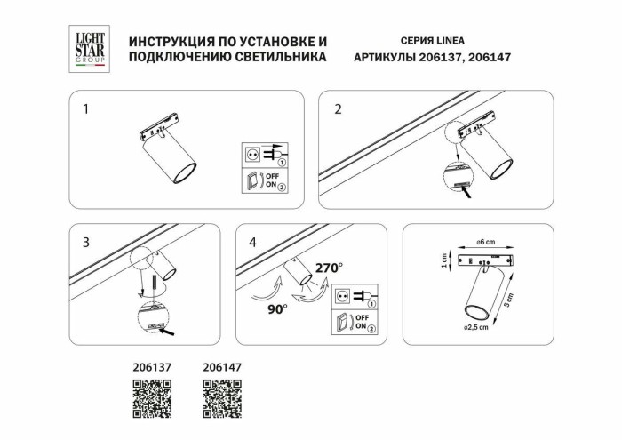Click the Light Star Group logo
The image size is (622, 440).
[x=89, y=47]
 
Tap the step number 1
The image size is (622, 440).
[x=86, y=110]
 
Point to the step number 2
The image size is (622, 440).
[x=338, y=110]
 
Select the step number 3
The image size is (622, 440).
[x=86, y=242]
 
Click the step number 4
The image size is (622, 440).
[x=253, y=242]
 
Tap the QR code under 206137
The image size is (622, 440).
[x=151, y=398]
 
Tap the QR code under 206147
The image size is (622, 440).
[x=222, y=398]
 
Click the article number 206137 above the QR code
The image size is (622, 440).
[x=151, y=365]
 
